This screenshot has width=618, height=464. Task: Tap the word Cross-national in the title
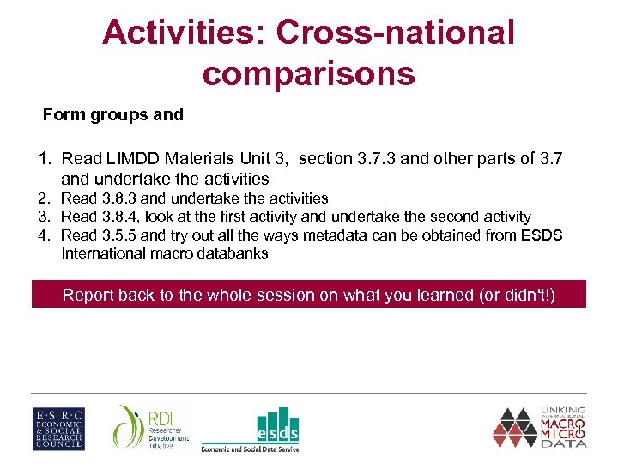(x=397, y=34)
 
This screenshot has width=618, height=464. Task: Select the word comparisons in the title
(x=309, y=74)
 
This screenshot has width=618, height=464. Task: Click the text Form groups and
(x=113, y=115)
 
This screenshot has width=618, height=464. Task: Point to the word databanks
(x=232, y=253)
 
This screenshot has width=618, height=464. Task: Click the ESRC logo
(x=58, y=427)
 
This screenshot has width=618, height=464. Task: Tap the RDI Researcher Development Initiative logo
(x=150, y=427)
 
